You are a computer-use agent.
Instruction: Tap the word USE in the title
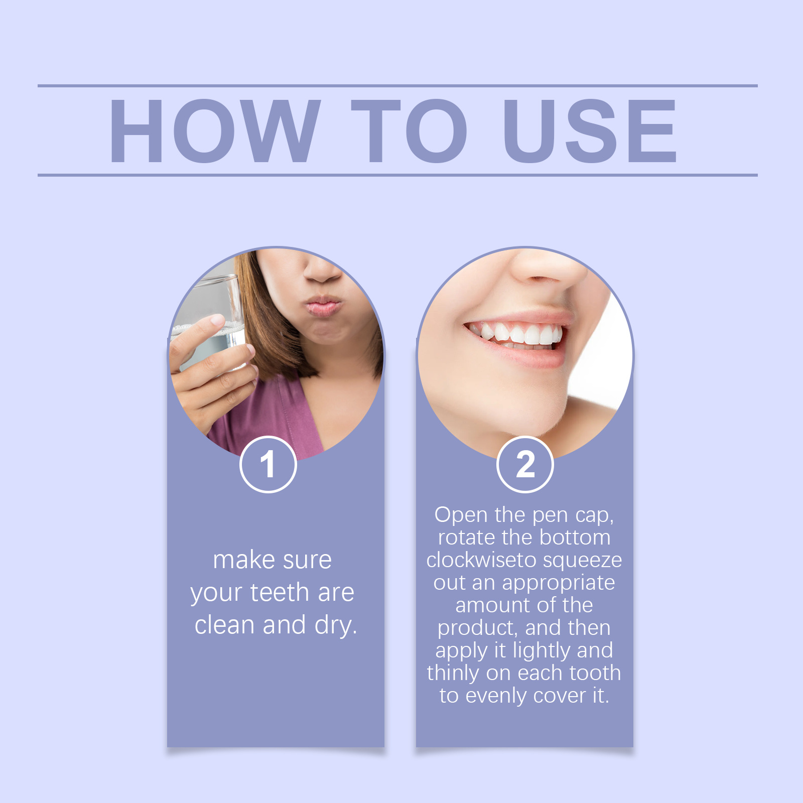pyautogui.click(x=590, y=131)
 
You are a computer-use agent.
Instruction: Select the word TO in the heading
pyautogui.click(x=409, y=131)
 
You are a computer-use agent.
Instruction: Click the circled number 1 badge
pyautogui.click(x=268, y=465)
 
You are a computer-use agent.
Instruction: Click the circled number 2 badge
pyautogui.click(x=525, y=465)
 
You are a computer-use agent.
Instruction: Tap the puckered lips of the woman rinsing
pyautogui.click(x=322, y=305)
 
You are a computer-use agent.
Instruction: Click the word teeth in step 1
pyautogui.click(x=280, y=593)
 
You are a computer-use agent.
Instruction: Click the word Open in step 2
pyautogui.click(x=461, y=515)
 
